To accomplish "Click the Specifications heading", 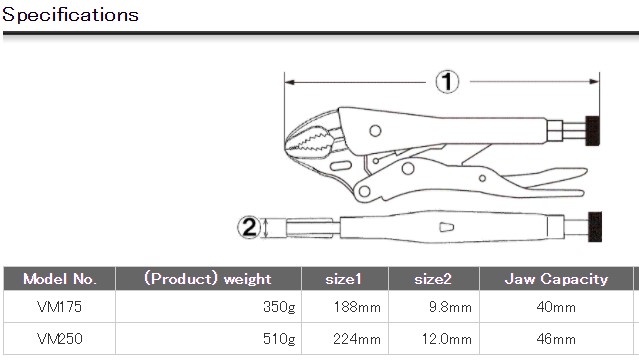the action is [x=71, y=15].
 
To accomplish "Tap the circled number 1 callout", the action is [x=447, y=82].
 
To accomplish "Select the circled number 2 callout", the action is [x=249, y=227].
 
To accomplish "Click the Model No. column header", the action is [x=59, y=279].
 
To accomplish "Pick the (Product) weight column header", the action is [x=208, y=279].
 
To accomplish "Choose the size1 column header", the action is [x=344, y=279].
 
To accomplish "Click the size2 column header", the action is [x=433, y=279].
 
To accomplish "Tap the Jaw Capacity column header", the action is [x=556, y=279].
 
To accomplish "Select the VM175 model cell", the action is [x=59, y=307].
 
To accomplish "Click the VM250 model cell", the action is [x=59, y=339].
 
